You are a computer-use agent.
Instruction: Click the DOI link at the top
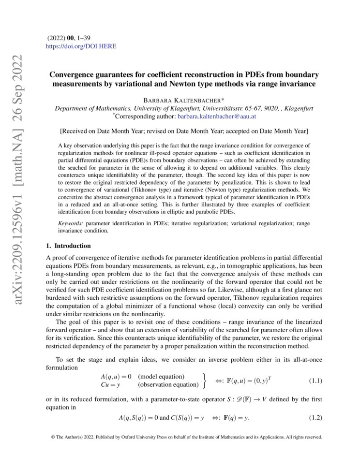[x=81, y=47]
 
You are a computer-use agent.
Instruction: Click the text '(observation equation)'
[x=168, y=385]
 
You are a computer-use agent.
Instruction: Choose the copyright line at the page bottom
[x=186, y=437]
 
